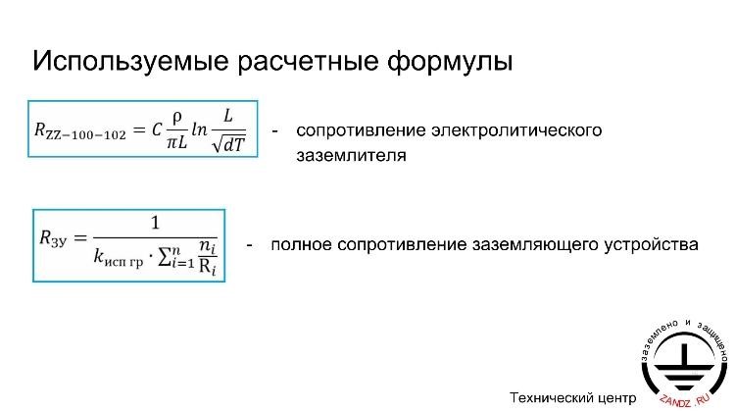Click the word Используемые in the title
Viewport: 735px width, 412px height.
130,62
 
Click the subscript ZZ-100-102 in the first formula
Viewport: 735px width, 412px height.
86,135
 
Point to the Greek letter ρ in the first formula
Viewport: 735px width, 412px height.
176,118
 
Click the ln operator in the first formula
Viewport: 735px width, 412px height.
199,129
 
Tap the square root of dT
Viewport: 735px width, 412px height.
228,143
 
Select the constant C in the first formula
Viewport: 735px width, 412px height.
157,129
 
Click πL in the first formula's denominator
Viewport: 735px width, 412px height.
176,142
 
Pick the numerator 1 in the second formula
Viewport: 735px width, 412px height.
155,223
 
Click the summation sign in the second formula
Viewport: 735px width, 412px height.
165,257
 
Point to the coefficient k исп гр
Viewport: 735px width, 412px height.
119,258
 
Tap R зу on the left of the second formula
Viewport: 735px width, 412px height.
54,238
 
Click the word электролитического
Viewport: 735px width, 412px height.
516,130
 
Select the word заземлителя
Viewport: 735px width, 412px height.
351,155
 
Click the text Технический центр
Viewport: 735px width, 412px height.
573,398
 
